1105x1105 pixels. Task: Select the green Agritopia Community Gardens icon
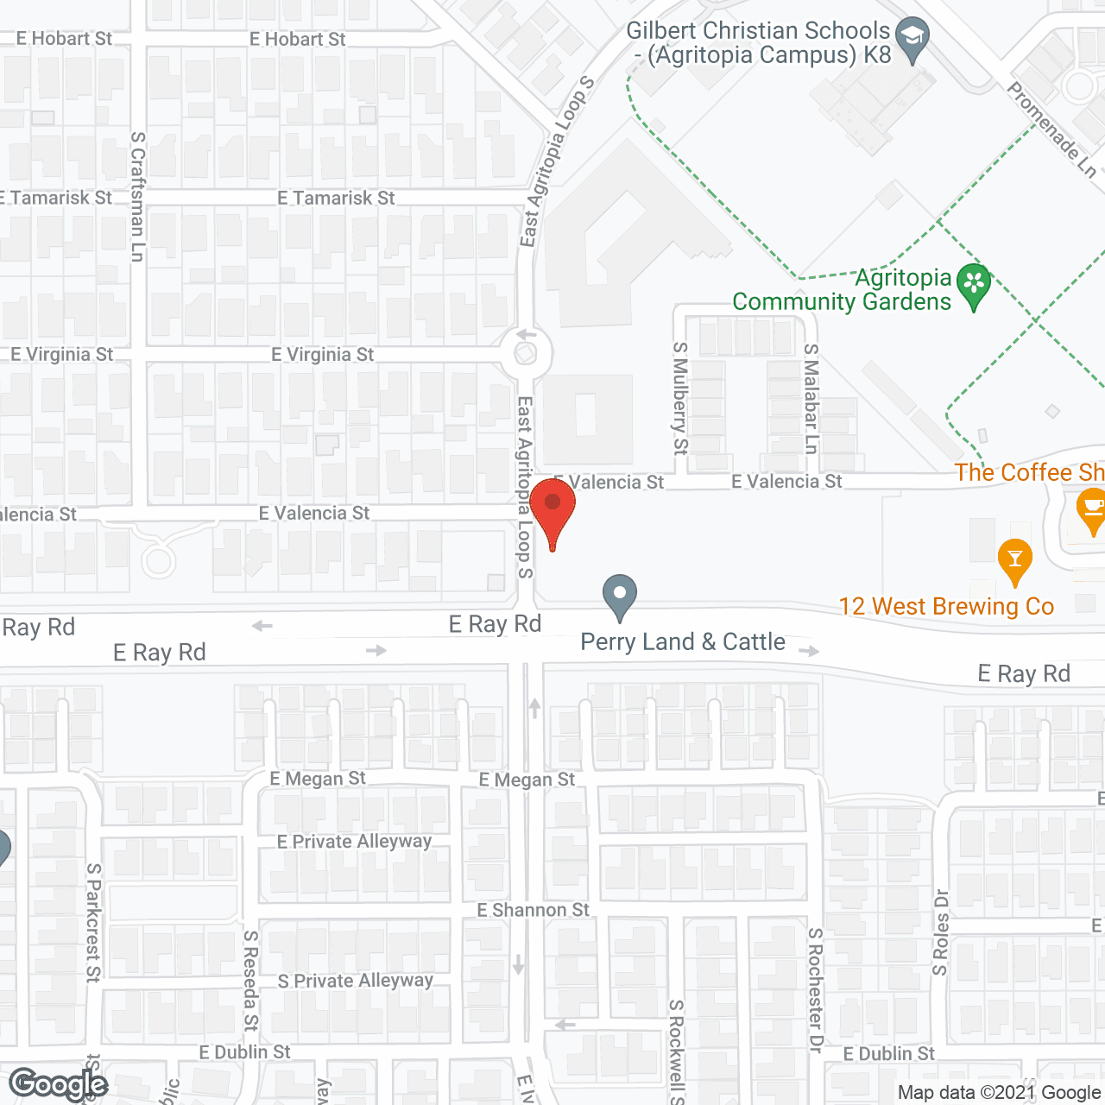(974, 283)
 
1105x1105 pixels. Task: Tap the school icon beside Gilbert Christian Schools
(912, 38)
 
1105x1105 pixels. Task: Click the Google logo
(58, 1084)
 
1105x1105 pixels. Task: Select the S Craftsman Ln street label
(137, 196)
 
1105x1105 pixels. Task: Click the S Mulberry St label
(680, 398)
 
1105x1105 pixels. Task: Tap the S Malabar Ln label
(811, 398)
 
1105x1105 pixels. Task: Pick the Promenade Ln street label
(1051, 129)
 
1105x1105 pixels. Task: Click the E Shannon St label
(533, 910)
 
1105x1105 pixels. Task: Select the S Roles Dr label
(940, 932)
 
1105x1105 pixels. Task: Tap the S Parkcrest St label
(92, 922)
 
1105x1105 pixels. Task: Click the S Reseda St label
(250, 980)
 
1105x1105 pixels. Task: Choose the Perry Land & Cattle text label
(682, 641)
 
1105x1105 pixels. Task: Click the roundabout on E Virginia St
(526, 353)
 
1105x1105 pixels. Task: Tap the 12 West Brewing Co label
(946, 606)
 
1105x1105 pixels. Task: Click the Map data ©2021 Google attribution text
(999, 1092)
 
